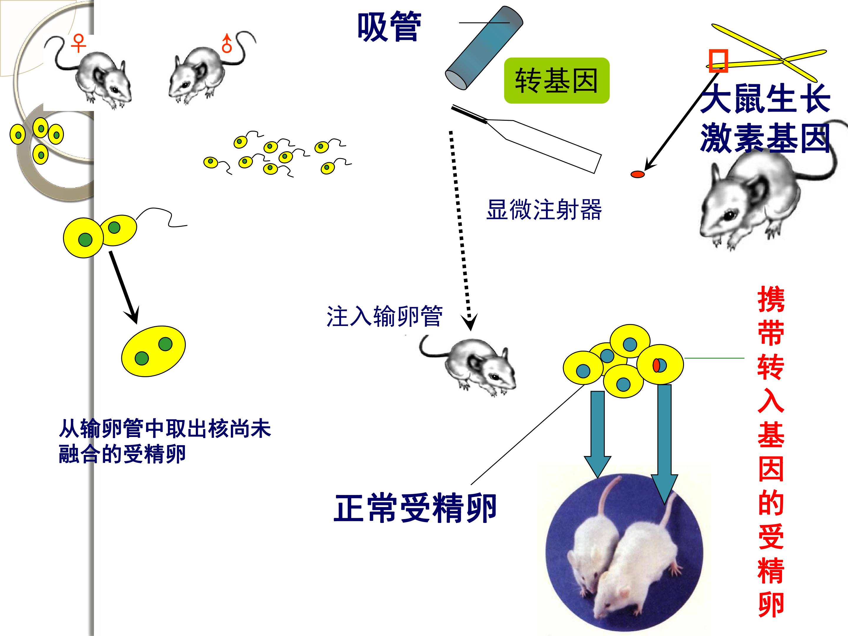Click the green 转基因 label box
(556, 80)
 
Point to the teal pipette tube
(484, 48)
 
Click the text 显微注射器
(544, 209)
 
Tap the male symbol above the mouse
(227, 43)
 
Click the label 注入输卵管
(385, 316)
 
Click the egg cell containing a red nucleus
(660, 365)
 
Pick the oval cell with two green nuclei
(153, 351)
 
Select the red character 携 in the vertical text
(771, 300)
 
